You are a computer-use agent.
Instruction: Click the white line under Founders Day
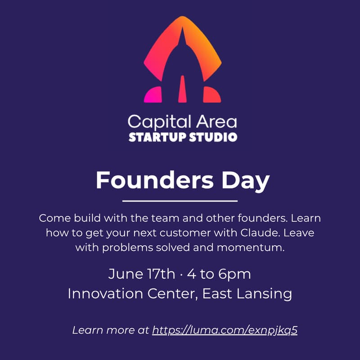click(180, 201)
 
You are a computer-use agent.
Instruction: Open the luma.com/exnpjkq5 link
click(225, 330)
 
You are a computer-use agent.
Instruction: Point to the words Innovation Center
click(131, 294)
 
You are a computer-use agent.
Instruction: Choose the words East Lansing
click(247, 294)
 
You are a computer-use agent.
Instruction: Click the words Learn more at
click(111, 330)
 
